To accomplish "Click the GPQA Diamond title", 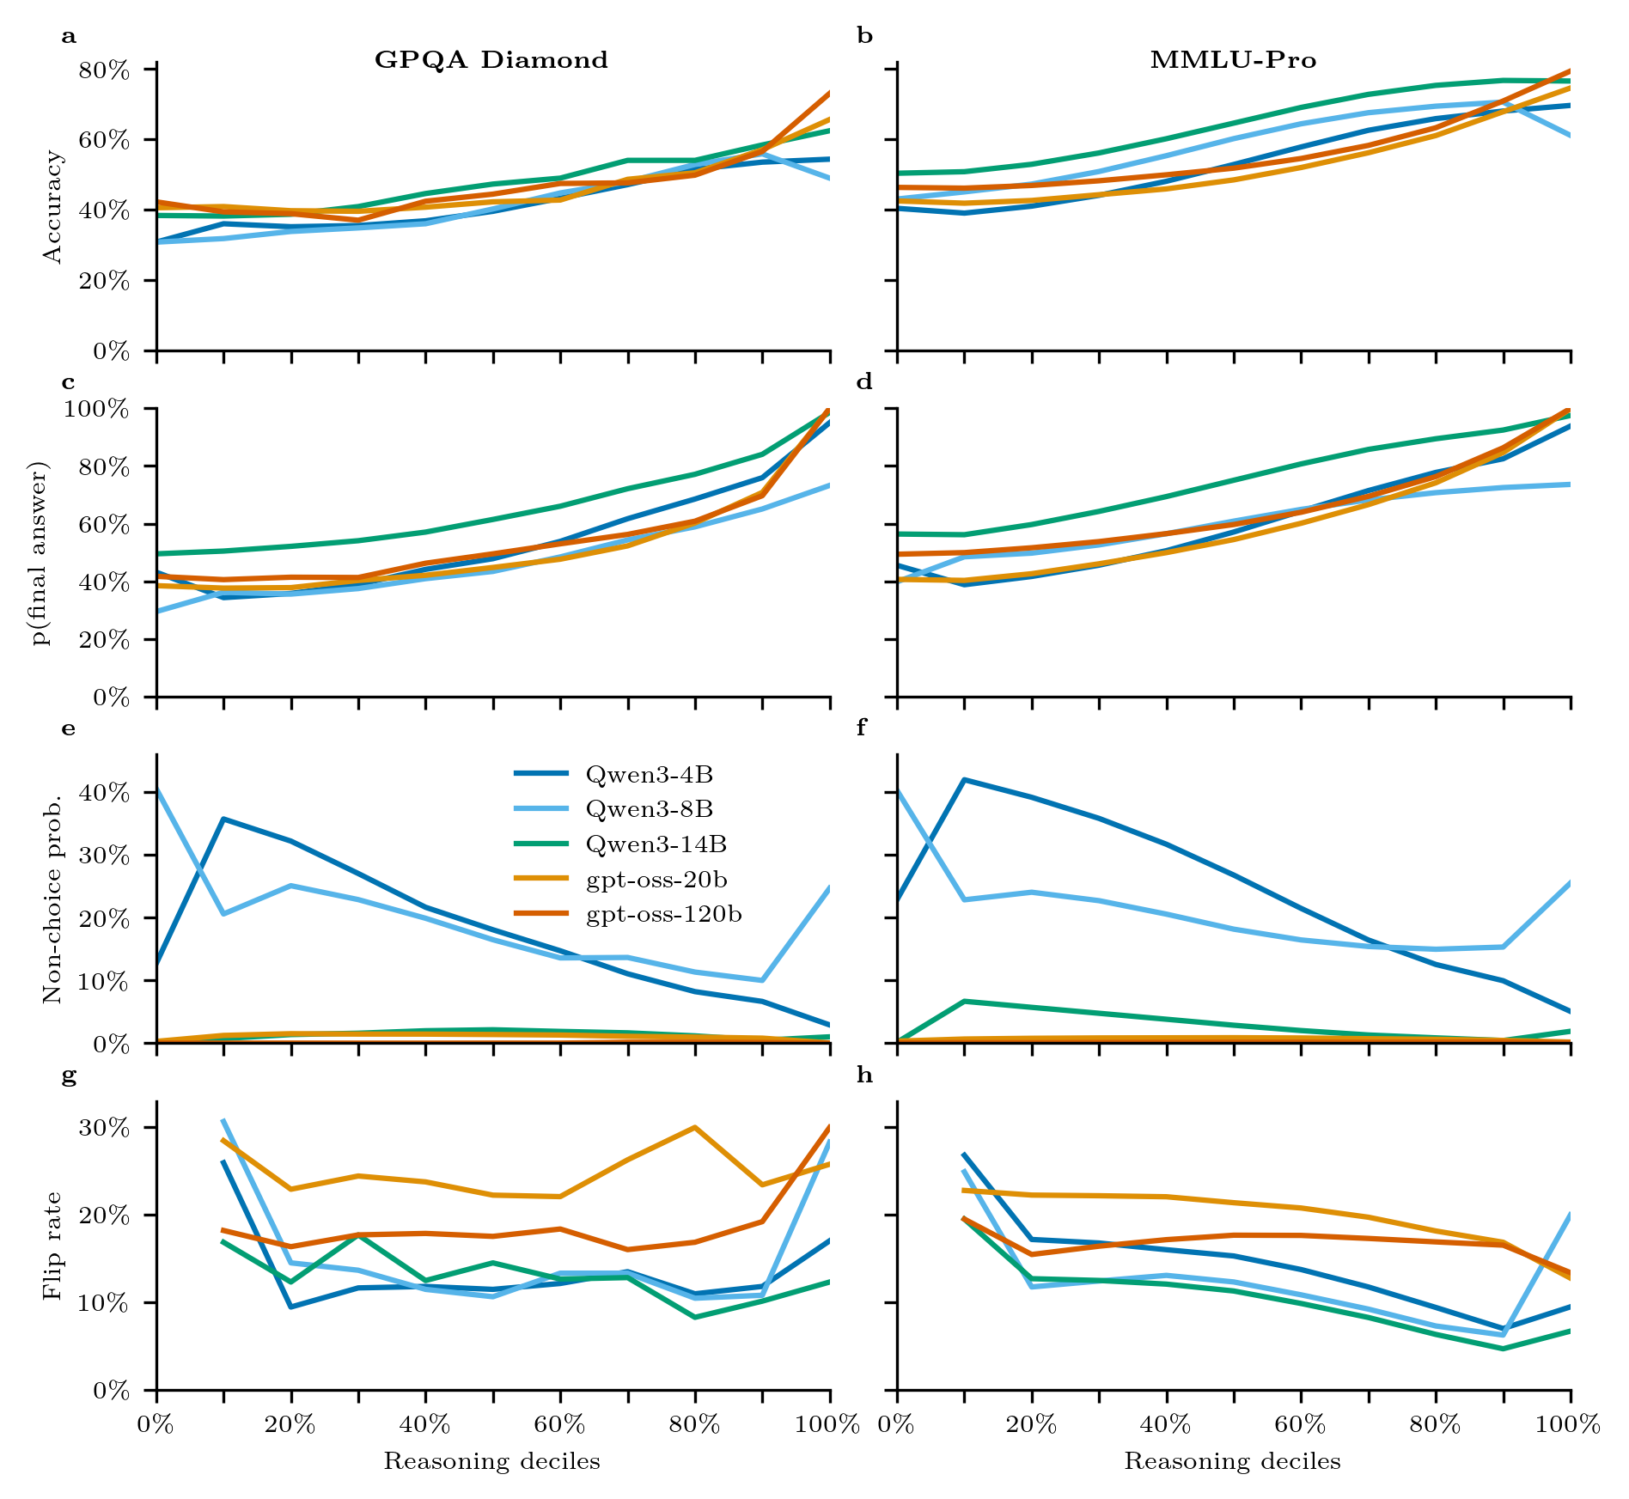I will click(x=491, y=60).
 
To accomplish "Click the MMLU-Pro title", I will click(x=1233, y=60).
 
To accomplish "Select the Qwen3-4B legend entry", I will click(x=649, y=774).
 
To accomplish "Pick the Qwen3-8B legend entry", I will click(x=649, y=809).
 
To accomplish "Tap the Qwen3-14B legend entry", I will click(x=656, y=844).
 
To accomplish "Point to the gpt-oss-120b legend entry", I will click(x=663, y=915).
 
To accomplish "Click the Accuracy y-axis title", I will click(x=53, y=207).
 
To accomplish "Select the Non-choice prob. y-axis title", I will click(x=53, y=899).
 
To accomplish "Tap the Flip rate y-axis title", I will click(x=53, y=1246).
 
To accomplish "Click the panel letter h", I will click(x=864, y=1076).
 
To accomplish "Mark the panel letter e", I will click(x=69, y=729).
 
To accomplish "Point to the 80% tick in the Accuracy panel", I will click(x=104, y=70).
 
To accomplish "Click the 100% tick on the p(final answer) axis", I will click(x=96, y=409).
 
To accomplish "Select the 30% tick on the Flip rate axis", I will click(x=104, y=1128).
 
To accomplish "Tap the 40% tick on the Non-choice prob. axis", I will click(x=104, y=793).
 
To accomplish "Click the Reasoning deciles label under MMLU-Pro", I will click(x=1233, y=1461).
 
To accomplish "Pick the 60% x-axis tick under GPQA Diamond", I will click(x=560, y=1425).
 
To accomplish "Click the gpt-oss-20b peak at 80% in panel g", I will click(x=694, y=1128).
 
